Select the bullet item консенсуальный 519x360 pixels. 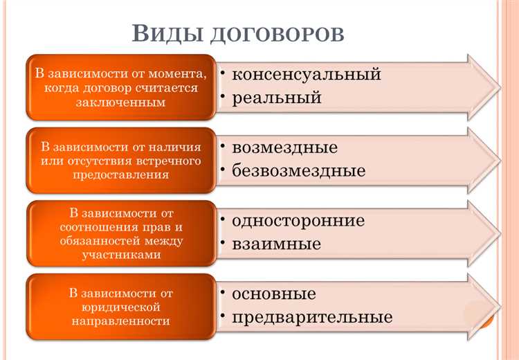(x=307, y=74)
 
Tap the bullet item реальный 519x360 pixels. (x=277, y=98)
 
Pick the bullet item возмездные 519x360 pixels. (x=284, y=147)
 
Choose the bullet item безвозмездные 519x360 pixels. (x=299, y=170)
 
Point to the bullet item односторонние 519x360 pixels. (x=298, y=221)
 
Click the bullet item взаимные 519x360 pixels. (x=276, y=244)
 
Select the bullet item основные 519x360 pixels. (x=274, y=294)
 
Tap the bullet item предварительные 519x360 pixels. (x=312, y=317)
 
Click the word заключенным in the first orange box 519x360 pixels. (x=120, y=102)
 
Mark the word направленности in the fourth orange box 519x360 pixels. (x=120, y=321)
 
